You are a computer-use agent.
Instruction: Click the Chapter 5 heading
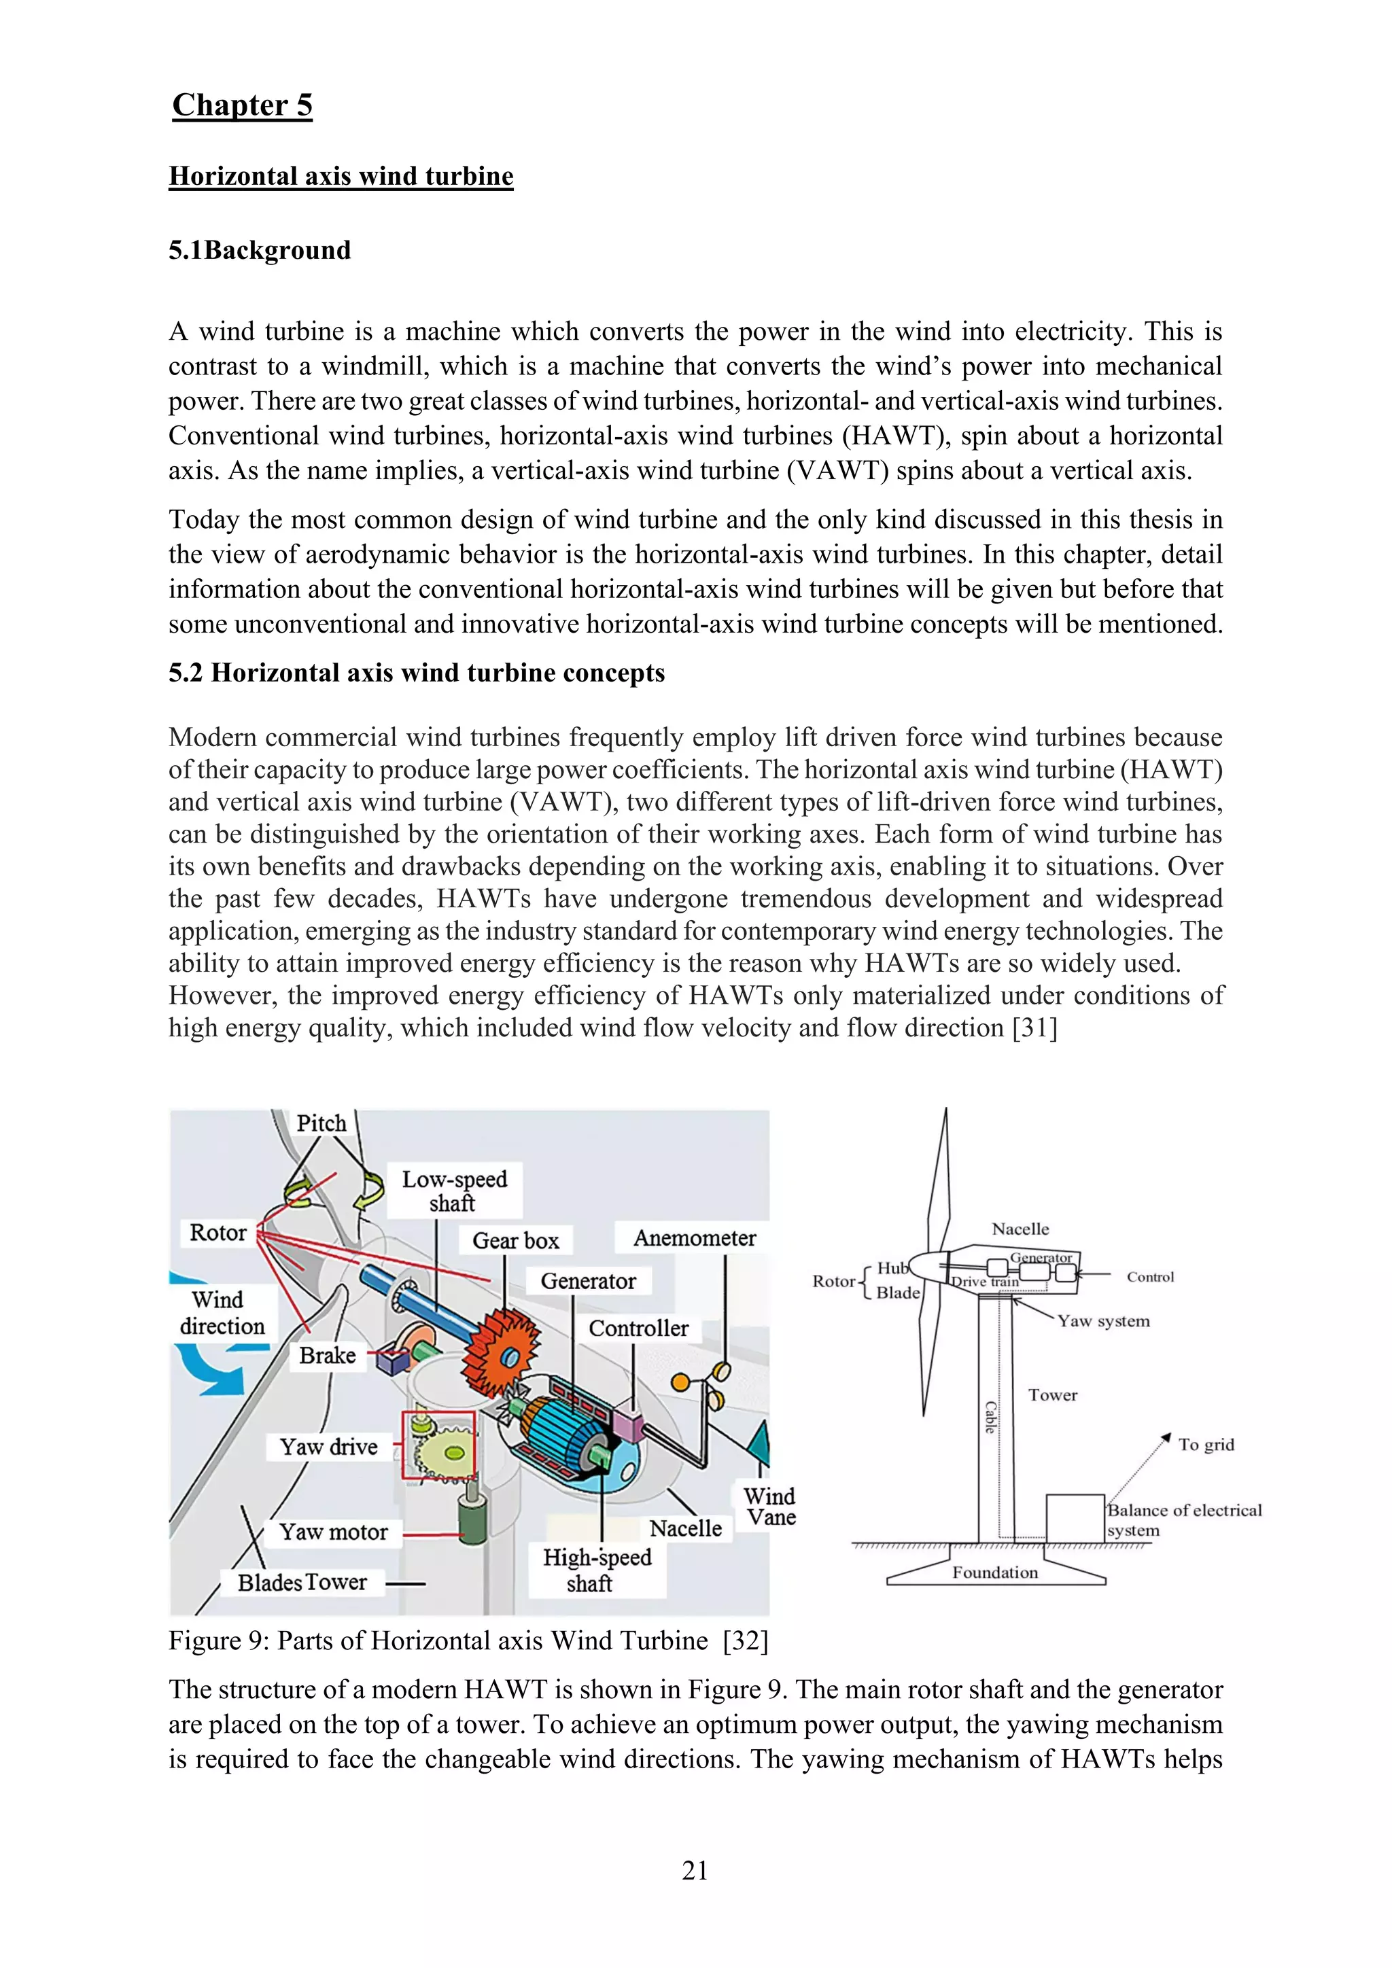(242, 105)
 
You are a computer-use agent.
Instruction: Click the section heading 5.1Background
(260, 250)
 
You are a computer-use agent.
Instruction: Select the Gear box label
(515, 1240)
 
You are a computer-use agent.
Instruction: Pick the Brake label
(328, 1355)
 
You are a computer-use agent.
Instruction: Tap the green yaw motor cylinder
(472, 1522)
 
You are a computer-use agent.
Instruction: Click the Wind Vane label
(769, 1506)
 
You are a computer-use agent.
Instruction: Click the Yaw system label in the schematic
(1103, 1321)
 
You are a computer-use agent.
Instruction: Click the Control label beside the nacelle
(1149, 1276)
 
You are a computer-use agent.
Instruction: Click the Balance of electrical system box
(1075, 1518)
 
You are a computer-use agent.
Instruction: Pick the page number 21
(695, 1870)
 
